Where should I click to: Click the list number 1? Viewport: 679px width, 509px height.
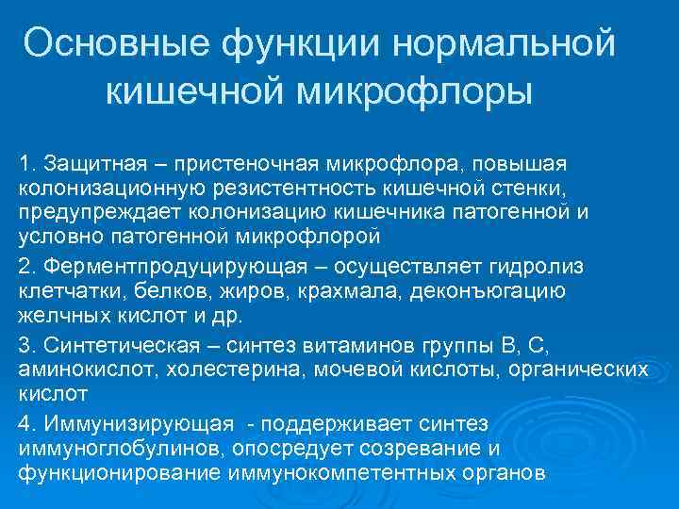click(x=25, y=164)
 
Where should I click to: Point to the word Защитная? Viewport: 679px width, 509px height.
click(x=91, y=164)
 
